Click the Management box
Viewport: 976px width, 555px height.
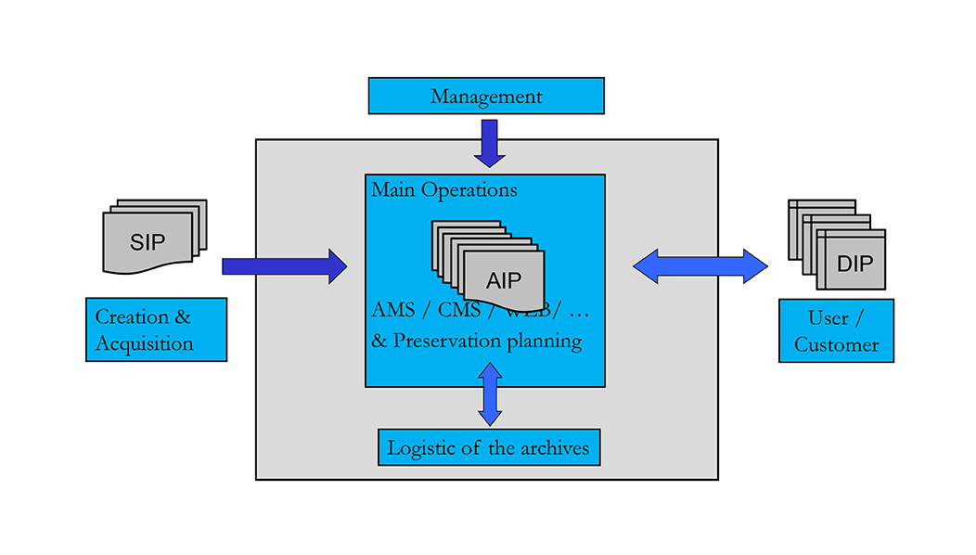(x=486, y=96)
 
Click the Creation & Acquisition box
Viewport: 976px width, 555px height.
(x=156, y=329)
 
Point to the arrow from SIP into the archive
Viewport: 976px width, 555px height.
(x=284, y=266)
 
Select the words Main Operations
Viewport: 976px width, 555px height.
(x=444, y=190)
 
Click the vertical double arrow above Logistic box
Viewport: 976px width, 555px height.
(x=490, y=394)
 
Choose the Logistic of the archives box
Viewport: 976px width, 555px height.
(x=489, y=447)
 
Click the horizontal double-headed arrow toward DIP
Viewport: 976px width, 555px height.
(x=700, y=266)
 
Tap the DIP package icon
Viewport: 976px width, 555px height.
(x=851, y=261)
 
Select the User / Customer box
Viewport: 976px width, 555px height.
(x=836, y=330)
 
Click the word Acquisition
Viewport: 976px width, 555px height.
(x=145, y=343)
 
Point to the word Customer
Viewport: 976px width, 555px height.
(x=837, y=344)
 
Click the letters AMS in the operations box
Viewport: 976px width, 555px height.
(x=393, y=309)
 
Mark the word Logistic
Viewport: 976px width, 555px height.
(x=421, y=447)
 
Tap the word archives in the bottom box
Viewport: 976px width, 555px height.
(x=551, y=447)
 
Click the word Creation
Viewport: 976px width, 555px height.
(x=133, y=316)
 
